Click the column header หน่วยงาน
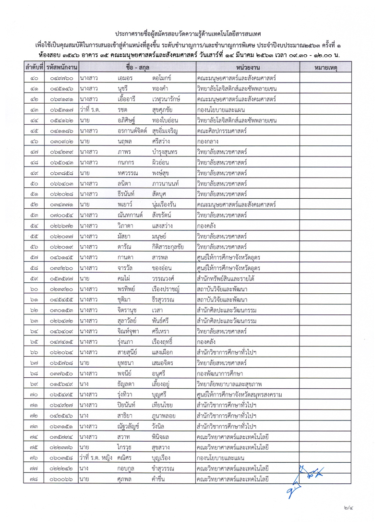tap(248, 67)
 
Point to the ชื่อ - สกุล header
tap(138, 67)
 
